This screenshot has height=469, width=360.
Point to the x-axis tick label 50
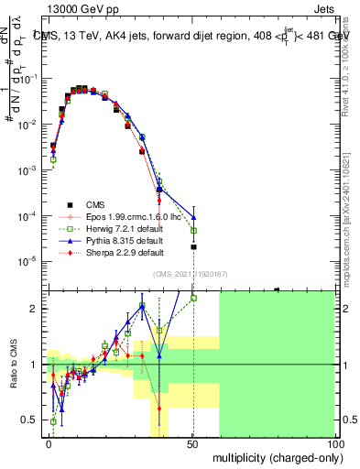pos(192,443)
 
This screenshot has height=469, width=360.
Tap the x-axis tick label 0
pos(49,443)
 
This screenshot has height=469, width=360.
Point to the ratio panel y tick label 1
pos(34,365)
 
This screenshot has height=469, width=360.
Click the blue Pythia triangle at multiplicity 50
pos(193,218)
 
